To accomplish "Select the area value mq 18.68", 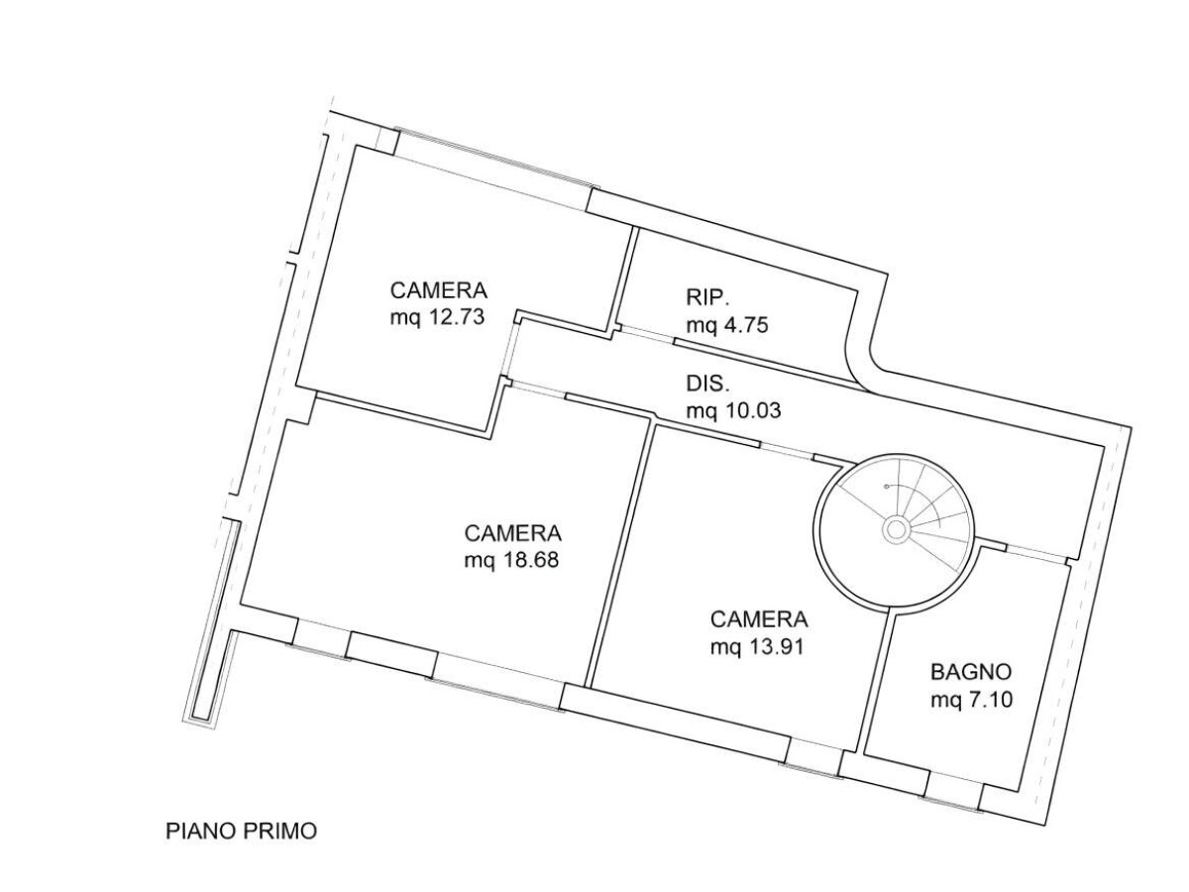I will pyautogui.click(x=511, y=560).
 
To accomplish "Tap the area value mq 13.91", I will pyautogui.click(x=756, y=648).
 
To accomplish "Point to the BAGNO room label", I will pyautogui.click(x=970, y=671).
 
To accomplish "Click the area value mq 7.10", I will pyautogui.click(x=970, y=701).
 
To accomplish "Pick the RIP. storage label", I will pyautogui.click(x=707, y=296).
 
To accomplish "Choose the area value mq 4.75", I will pyautogui.click(x=727, y=325).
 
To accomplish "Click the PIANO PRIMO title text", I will pyautogui.click(x=241, y=832).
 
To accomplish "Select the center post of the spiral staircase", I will pyautogui.click(x=895, y=529).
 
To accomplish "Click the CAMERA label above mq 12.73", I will pyautogui.click(x=439, y=291).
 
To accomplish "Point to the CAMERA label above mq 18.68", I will pyautogui.click(x=513, y=532).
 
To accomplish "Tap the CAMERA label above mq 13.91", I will pyautogui.click(x=759, y=620).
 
